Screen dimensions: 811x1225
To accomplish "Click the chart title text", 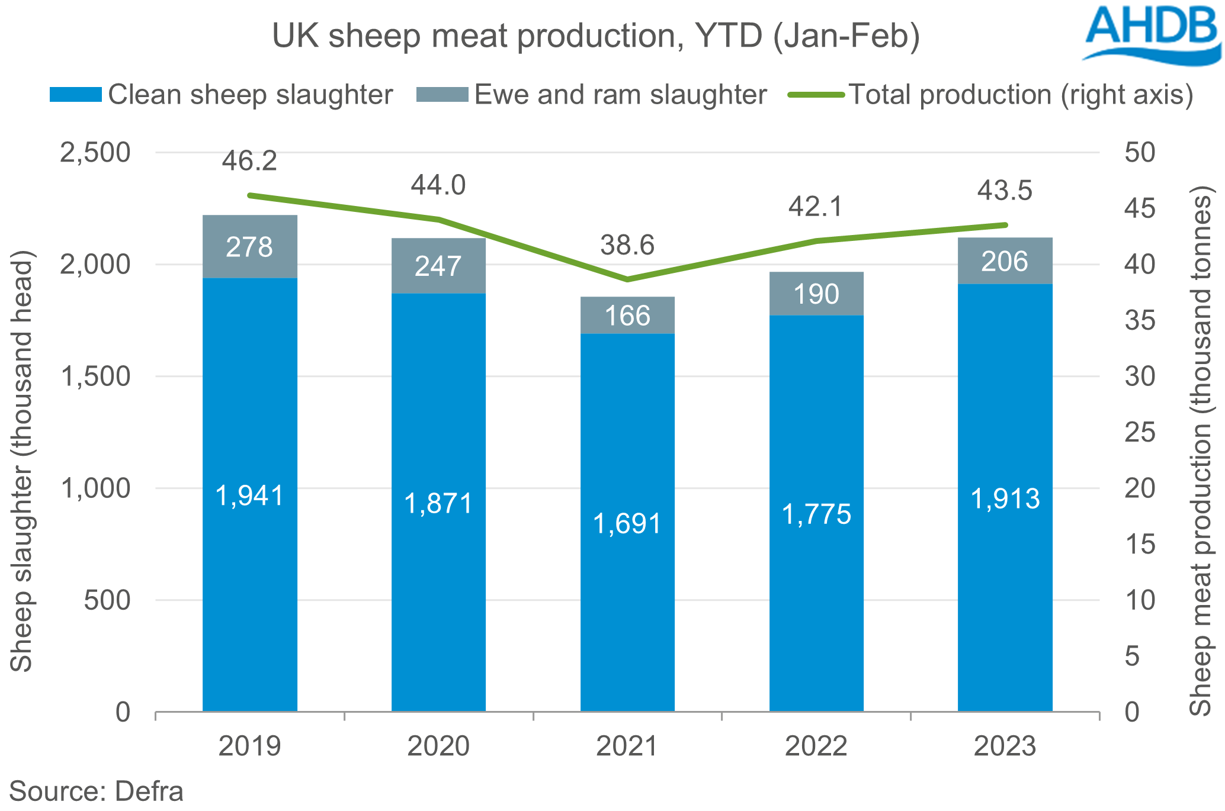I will click(x=595, y=36).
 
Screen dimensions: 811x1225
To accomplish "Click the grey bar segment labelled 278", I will click(x=249, y=247).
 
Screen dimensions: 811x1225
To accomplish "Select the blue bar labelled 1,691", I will click(x=627, y=522).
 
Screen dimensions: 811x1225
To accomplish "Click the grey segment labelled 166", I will click(x=627, y=316).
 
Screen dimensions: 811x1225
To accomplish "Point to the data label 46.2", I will click(x=249, y=161).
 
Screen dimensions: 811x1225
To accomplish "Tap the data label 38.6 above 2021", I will click(x=627, y=245).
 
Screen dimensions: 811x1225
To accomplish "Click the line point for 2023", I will click(x=1005, y=225).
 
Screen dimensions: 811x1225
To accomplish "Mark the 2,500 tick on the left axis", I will click(x=95, y=153).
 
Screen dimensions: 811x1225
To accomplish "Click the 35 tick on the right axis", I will click(x=1140, y=320).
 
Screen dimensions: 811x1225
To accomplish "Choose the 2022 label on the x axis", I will click(x=816, y=746).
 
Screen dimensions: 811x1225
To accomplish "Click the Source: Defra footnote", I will click(x=96, y=791).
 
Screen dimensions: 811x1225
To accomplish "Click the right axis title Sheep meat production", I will click(x=1201, y=450).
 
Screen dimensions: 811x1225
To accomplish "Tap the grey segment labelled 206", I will click(x=1005, y=261).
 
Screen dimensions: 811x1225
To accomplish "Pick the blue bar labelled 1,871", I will click(x=438, y=503).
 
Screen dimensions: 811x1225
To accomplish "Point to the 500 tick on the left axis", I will click(x=107, y=600).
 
